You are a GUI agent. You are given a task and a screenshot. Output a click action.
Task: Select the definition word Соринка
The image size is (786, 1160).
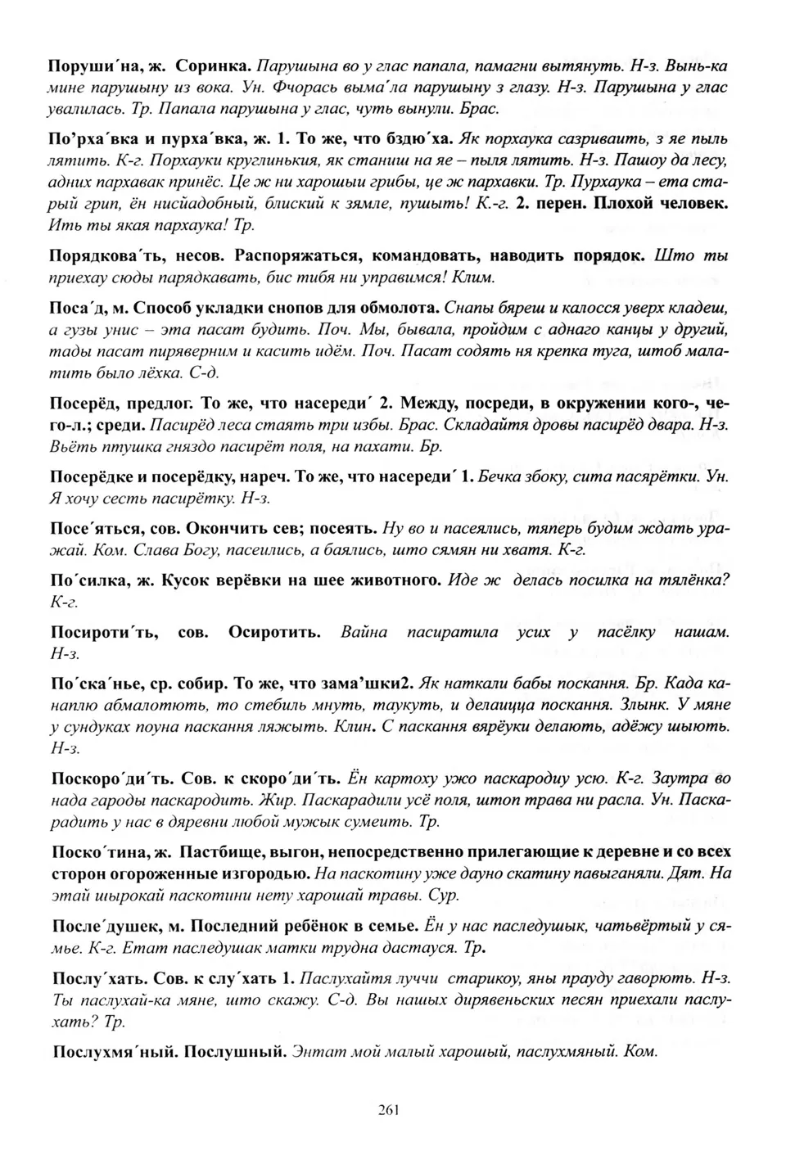click(213, 64)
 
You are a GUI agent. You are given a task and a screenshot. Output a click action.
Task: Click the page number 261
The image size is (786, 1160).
click(389, 1110)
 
